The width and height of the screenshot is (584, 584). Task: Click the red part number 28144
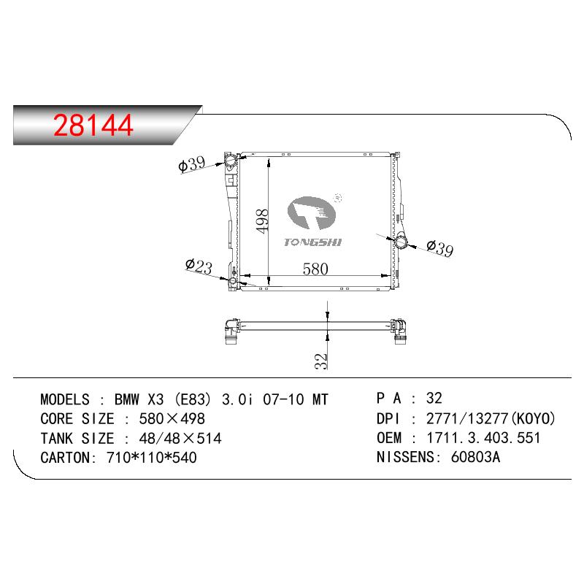point(93,125)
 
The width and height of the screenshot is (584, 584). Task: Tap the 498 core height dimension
point(262,221)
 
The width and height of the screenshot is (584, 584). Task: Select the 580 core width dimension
point(315,269)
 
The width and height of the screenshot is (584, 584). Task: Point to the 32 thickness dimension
point(320,361)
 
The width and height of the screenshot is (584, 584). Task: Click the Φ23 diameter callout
point(199,266)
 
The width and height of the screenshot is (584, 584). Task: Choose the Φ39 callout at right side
point(440,248)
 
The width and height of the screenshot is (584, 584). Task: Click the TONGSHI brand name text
point(312,242)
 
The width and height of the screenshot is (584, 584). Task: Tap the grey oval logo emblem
point(312,212)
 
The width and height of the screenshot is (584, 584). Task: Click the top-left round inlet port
point(230,161)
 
